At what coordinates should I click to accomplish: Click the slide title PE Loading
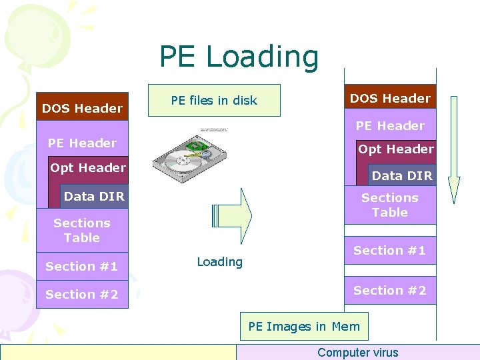coord(239,57)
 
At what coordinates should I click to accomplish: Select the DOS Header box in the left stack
coord(82,108)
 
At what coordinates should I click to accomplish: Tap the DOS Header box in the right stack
coord(390,98)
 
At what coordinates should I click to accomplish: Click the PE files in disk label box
coord(213,101)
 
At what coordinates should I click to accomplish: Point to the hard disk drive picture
coord(189,154)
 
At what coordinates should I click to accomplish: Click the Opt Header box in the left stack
coord(88,168)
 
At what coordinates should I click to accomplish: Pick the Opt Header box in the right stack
coord(395,149)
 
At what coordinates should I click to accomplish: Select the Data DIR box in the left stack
coord(93,197)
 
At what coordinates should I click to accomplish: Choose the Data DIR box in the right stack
coord(402,176)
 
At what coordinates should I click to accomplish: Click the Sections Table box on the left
coord(81,230)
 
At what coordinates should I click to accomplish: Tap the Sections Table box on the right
coord(389,205)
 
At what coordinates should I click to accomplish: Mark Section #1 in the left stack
coord(81,267)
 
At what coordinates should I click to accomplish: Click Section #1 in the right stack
coord(389,251)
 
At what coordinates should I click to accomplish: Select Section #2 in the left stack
coord(81,295)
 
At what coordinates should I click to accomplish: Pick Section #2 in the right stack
coord(389,291)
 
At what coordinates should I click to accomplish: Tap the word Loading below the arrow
coord(219,262)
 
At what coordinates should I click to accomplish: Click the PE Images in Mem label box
coord(303,327)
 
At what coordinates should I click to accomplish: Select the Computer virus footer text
coord(357,353)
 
